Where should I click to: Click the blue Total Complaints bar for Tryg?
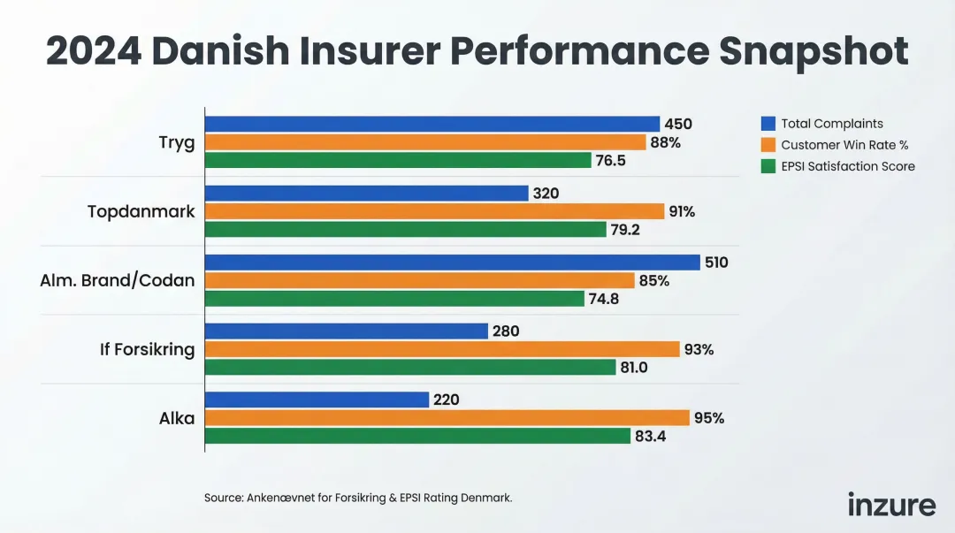[x=432, y=124]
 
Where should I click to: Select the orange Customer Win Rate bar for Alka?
[x=447, y=418]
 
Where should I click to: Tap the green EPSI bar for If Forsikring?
[x=410, y=367]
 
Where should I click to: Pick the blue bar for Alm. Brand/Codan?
[x=452, y=263]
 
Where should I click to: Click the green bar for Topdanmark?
[x=405, y=229]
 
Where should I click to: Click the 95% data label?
[x=708, y=418]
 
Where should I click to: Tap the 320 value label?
[x=546, y=194]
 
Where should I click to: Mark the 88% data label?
[x=665, y=142]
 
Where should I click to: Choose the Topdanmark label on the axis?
[x=141, y=212]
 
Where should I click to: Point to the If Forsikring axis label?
[x=147, y=349]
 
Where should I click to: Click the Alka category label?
[x=177, y=418]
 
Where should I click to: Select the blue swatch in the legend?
[x=768, y=124]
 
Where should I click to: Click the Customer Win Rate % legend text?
[x=844, y=145]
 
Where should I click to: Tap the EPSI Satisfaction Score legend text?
[x=848, y=166]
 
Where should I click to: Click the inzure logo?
[x=891, y=505]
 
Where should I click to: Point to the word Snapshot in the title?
[x=814, y=51]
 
